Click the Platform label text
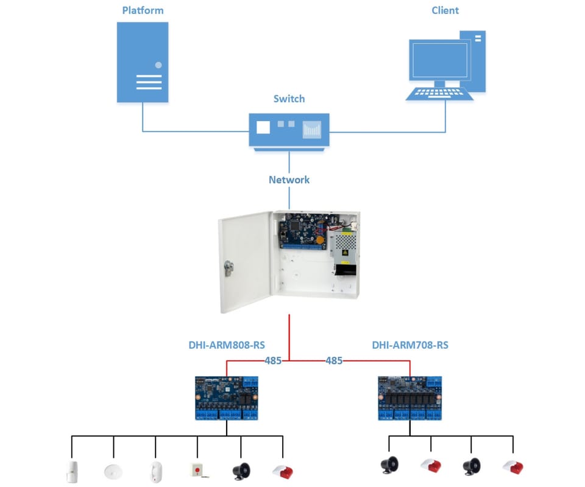tap(143, 10)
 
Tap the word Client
tap(445, 10)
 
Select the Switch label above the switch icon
tap(289, 99)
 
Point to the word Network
tap(289, 180)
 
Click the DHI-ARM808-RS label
tap(227, 345)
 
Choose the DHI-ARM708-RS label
tap(410, 345)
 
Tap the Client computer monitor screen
tap(439, 60)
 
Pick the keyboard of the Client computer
tap(440, 94)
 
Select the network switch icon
tap(289, 130)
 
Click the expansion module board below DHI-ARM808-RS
tap(226, 398)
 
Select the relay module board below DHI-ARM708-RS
tap(409, 398)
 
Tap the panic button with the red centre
tap(197, 471)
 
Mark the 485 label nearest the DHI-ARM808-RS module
tap(273, 360)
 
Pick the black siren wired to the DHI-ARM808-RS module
tap(241, 471)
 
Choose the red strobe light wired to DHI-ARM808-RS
tap(283, 471)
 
